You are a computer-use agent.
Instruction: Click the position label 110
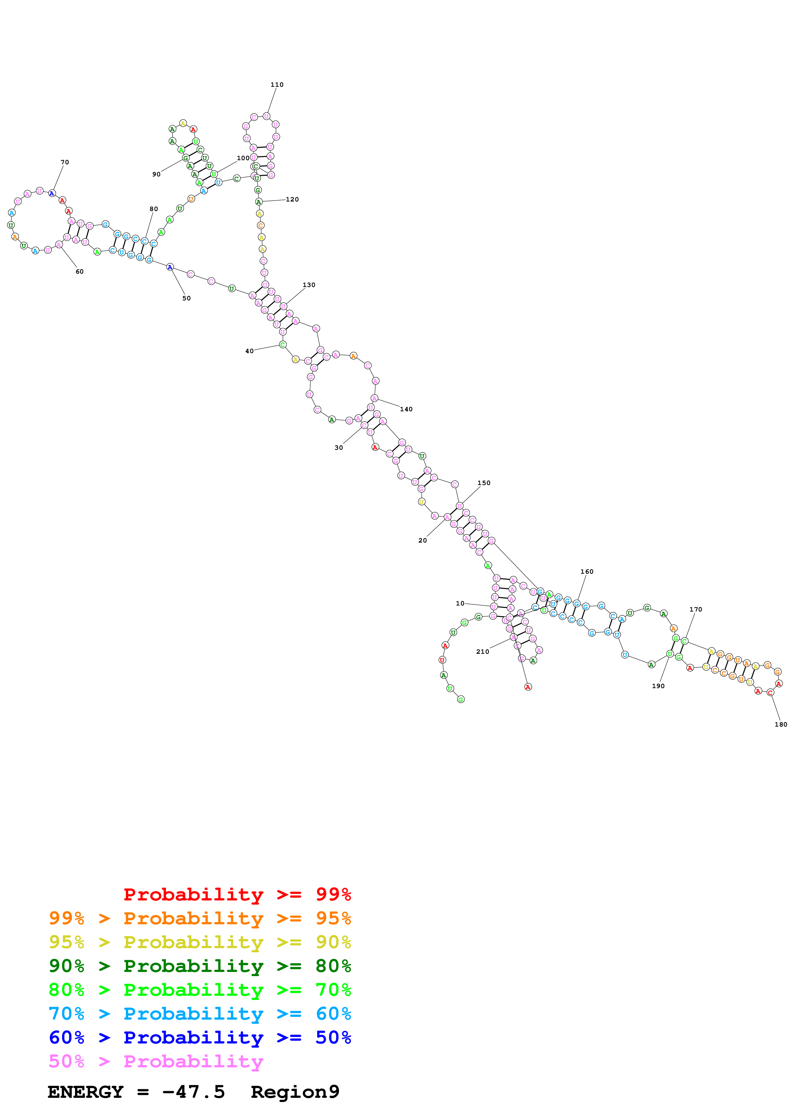[x=277, y=85]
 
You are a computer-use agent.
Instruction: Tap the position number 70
[x=65, y=162]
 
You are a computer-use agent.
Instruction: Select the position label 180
[x=781, y=724]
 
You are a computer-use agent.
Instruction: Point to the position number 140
[x=406, y=409]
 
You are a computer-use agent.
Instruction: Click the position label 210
[x=482, y=651]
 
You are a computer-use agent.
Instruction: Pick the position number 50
[x=187, y=298]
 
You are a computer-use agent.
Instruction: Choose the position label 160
[x=586, y=571]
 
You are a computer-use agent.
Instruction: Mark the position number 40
[x=249, y=351]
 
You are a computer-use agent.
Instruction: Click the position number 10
[x=460, y=603]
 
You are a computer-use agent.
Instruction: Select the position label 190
[x=658, y=686]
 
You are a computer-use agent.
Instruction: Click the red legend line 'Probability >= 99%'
[x=237, y=894]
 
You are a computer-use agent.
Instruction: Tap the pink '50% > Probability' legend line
[x=156, y=1061]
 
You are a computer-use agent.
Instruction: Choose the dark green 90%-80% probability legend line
[x=200, y=966]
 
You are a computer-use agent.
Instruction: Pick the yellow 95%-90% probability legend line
[x=200, y=942]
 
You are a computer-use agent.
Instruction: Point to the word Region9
[x=295, y=1092]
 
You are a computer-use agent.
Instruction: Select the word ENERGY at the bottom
[x=86, y=1092]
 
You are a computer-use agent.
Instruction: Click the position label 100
[x=243, y=158]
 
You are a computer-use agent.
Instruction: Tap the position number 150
[x=483, y=483]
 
